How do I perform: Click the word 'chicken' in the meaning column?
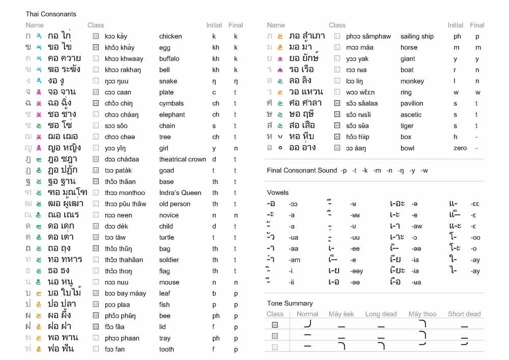click(170, 36)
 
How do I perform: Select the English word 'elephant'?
click(172, 115)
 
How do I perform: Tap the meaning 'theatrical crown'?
click(182, 159)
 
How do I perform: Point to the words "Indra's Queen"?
click(180, 193)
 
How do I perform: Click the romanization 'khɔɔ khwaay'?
click(124, 59)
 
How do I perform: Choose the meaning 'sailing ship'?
click(417, 36)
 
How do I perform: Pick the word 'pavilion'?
click(412, 103)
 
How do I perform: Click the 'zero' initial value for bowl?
click(460, 148)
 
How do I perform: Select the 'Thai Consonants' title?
click(51, 14)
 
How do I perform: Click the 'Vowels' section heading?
click(278, 192)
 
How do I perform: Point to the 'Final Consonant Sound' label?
click(302, 170)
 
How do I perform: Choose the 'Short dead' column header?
click(464, 314)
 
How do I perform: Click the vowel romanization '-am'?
click(294, 260)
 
